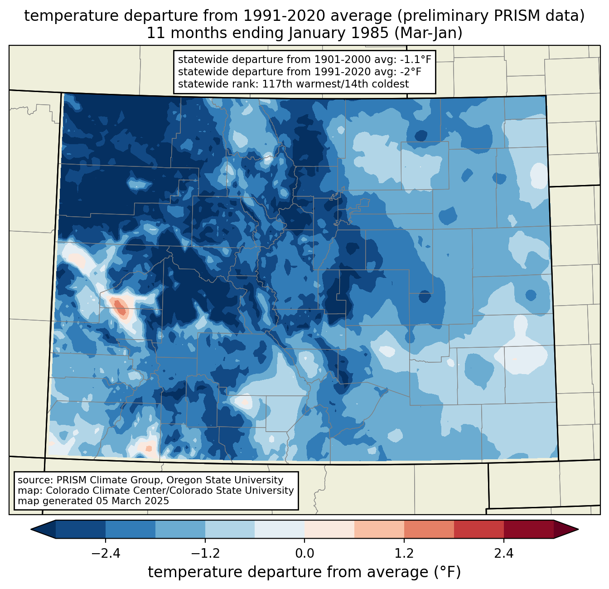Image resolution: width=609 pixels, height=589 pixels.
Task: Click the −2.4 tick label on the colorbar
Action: pos(106,554)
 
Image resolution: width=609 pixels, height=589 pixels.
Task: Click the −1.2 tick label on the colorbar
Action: pos(205,554)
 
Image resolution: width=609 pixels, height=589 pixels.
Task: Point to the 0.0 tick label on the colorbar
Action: pos(304,554)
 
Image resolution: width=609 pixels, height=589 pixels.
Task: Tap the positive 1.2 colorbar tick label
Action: pos(404,554)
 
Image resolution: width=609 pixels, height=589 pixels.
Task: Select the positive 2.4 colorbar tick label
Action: pos(503,554)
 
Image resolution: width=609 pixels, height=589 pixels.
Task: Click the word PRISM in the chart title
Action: pos(512,16)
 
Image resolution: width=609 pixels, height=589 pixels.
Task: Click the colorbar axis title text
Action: pos(304,572)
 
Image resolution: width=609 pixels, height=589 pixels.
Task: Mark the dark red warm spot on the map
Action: pos(120,307)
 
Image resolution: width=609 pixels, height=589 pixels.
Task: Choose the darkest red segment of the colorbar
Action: pos(528,529)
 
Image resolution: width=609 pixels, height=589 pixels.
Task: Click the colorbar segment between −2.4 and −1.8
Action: pos(130,529)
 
